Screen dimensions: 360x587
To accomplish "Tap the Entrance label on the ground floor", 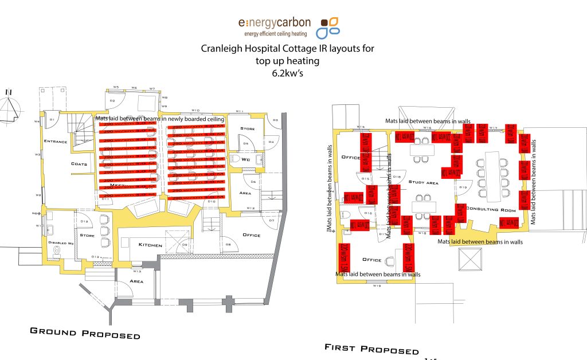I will point(55,142).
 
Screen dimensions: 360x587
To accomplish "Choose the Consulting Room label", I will point(490,210).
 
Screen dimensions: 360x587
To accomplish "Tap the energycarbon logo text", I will point(275,23).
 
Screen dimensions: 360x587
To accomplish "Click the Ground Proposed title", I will point(85,333).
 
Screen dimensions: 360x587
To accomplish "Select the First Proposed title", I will point(371,348).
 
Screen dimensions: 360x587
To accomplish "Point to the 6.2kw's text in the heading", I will point(287,73).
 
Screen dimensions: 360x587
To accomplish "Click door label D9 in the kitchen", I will point(185,245).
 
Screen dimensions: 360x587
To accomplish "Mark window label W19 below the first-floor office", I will point(377,285).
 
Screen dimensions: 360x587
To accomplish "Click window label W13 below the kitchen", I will point(138,271).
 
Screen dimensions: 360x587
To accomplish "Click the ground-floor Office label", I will point(251,235).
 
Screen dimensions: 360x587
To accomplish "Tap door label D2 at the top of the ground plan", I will point(112,101).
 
